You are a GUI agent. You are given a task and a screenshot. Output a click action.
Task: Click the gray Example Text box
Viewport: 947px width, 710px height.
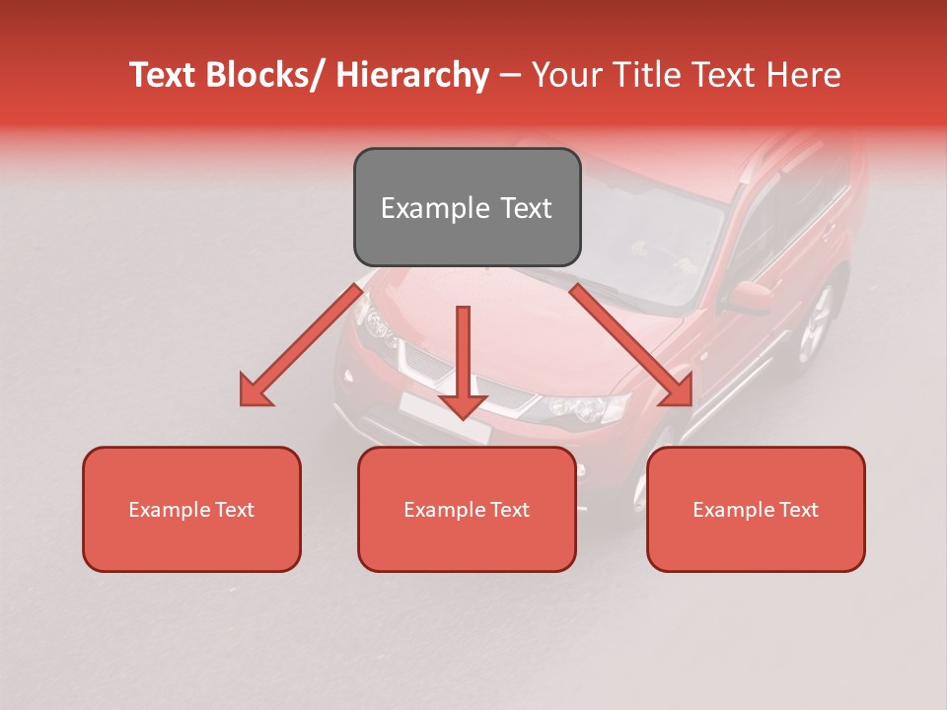click(x=467, y=207)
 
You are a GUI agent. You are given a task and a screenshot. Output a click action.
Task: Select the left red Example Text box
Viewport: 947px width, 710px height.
click(x=191, y=509)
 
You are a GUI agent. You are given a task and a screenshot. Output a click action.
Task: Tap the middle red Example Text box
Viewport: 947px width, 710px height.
click(x=467, y=509)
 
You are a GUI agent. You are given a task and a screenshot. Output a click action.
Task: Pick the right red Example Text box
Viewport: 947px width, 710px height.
click(x=756, y=509)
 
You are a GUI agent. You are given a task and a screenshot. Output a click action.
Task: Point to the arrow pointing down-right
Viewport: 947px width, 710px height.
click(x=631, y=345)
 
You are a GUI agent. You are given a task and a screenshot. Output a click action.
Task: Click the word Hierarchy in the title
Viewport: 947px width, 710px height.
click(x=412, y=75)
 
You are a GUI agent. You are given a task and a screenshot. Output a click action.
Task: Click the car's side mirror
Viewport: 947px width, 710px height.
click(x=751, y=295)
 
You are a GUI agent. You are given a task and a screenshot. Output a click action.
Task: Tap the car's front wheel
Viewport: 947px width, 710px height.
click(x=816, y=325)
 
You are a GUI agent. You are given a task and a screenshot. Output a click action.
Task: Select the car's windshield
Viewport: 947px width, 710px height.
click(x=651, y=237)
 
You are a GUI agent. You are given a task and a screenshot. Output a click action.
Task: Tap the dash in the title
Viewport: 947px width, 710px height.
click(x=510, y=75)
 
